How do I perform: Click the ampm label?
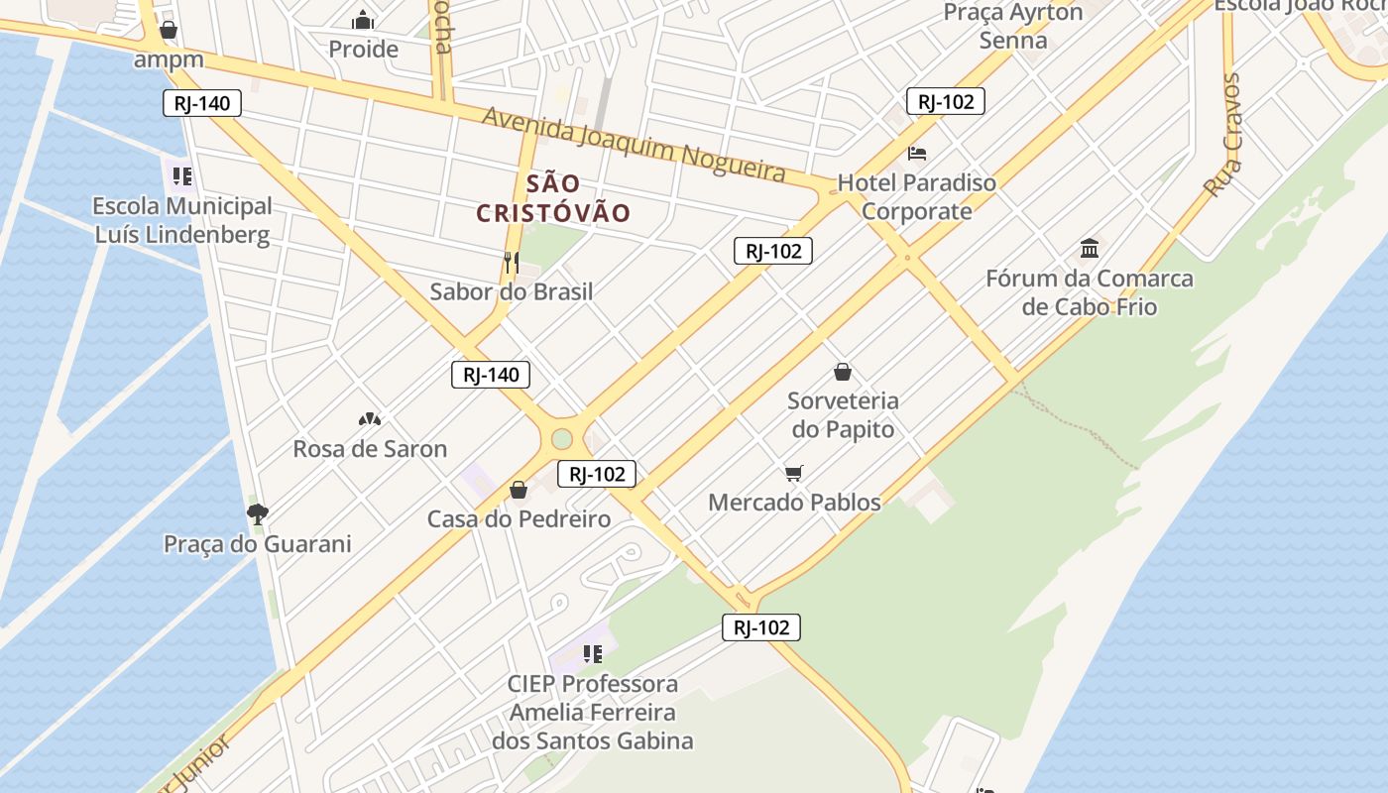click(169, 59)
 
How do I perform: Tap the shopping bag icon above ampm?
click(169, 30)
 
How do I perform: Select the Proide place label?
click(363, 49)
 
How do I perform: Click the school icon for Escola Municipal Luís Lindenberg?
click(181, 176)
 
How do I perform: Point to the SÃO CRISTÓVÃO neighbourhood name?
click(553, 198)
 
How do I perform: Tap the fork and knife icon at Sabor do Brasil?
click(512, 263)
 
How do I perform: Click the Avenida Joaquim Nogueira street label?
click(635, 145)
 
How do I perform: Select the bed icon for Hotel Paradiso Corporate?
click(917, 154)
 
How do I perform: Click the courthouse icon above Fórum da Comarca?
click(1090, 248)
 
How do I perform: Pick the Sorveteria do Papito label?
click(843, 415)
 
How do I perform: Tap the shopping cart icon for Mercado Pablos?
click(793, 473)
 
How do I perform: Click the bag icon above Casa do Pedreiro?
click(518, 490)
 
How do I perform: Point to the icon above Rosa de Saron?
click(369, 419)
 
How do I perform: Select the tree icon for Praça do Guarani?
click(257, 513)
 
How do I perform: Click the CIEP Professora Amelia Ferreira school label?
click(593, 712)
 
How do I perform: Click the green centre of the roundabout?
click(562, 438)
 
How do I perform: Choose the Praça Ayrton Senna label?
click(1012, 27)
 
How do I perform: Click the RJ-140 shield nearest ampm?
click(202, 103)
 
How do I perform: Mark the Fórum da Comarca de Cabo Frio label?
click(1090, 292)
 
